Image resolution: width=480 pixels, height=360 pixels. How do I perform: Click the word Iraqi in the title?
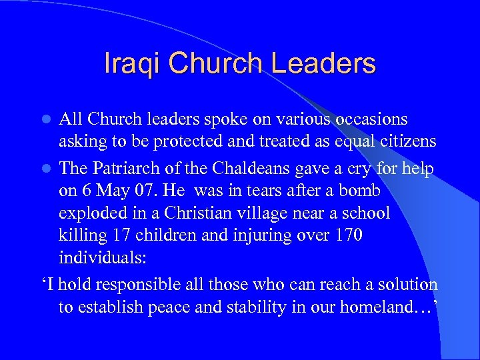[x=132, y=63]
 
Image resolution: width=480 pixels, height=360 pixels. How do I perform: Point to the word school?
[x=363, y=213]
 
